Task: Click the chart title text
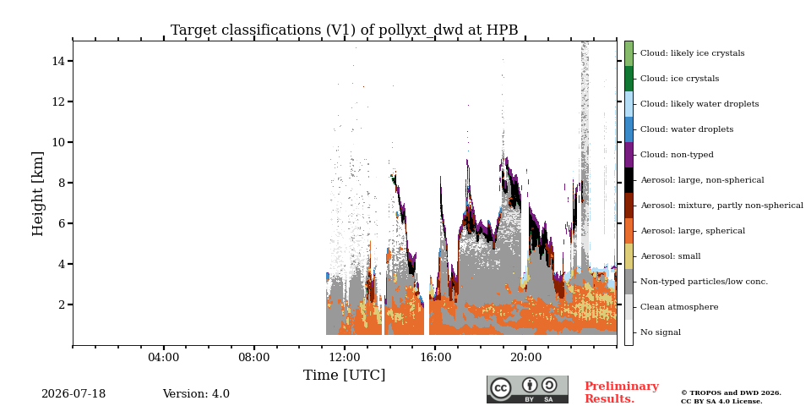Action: pos(345,30)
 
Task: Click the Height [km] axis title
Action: pos(38,194)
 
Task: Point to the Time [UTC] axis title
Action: pos(344,375)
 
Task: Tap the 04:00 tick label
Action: pos(163,357)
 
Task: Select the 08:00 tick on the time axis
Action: pos(254,357)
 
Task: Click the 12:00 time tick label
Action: pos(345,357)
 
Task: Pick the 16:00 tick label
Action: pos(435,357)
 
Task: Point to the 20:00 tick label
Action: pos(525,357)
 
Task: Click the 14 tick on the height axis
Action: pos(58,61)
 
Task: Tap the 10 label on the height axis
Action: pos(58,142)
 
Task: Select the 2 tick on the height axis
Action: pos(62,304)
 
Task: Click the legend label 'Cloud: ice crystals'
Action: pos(679,79)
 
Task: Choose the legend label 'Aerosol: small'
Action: pos(670,256)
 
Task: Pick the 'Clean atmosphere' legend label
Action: pos(679,307)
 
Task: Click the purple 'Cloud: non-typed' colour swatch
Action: pos(629,155)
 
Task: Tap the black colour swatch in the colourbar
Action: pos(629,180)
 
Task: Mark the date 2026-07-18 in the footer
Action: pos(73,394)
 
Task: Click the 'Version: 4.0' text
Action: pos(196,394)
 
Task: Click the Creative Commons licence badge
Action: pos(527,389)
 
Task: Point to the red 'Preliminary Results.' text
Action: pos(622,392)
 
